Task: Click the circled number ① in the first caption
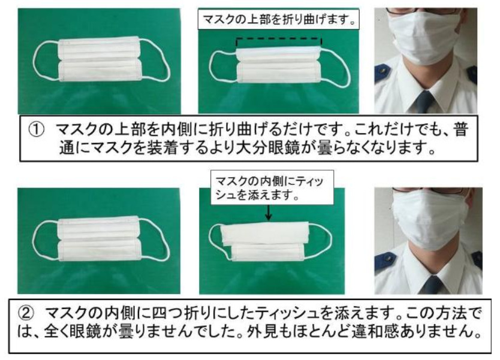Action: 36,129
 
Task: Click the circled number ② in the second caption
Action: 26,313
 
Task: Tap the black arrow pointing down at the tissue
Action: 269,212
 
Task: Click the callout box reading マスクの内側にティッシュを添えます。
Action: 272,187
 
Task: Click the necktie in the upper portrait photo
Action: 425,101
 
